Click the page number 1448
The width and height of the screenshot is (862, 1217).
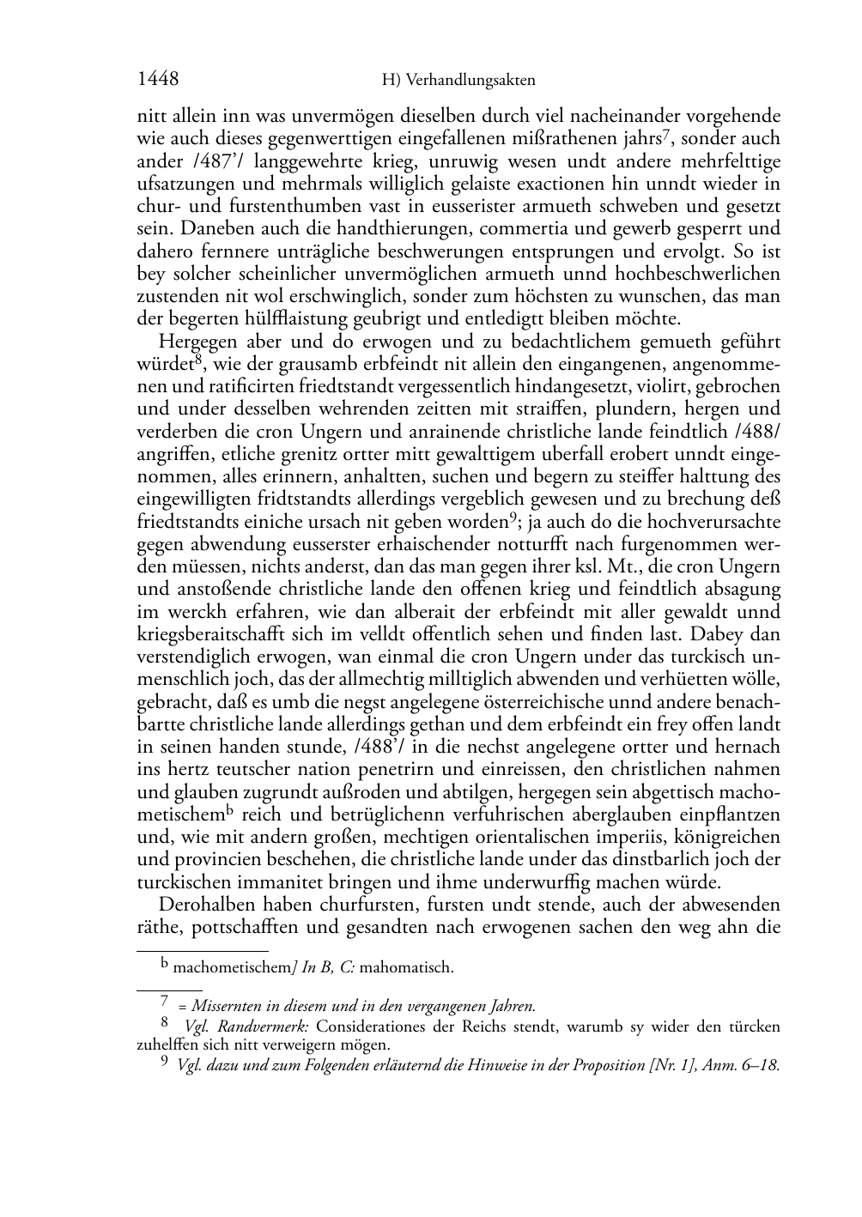point(158,80)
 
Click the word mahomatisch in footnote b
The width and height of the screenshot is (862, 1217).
point(406,968)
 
